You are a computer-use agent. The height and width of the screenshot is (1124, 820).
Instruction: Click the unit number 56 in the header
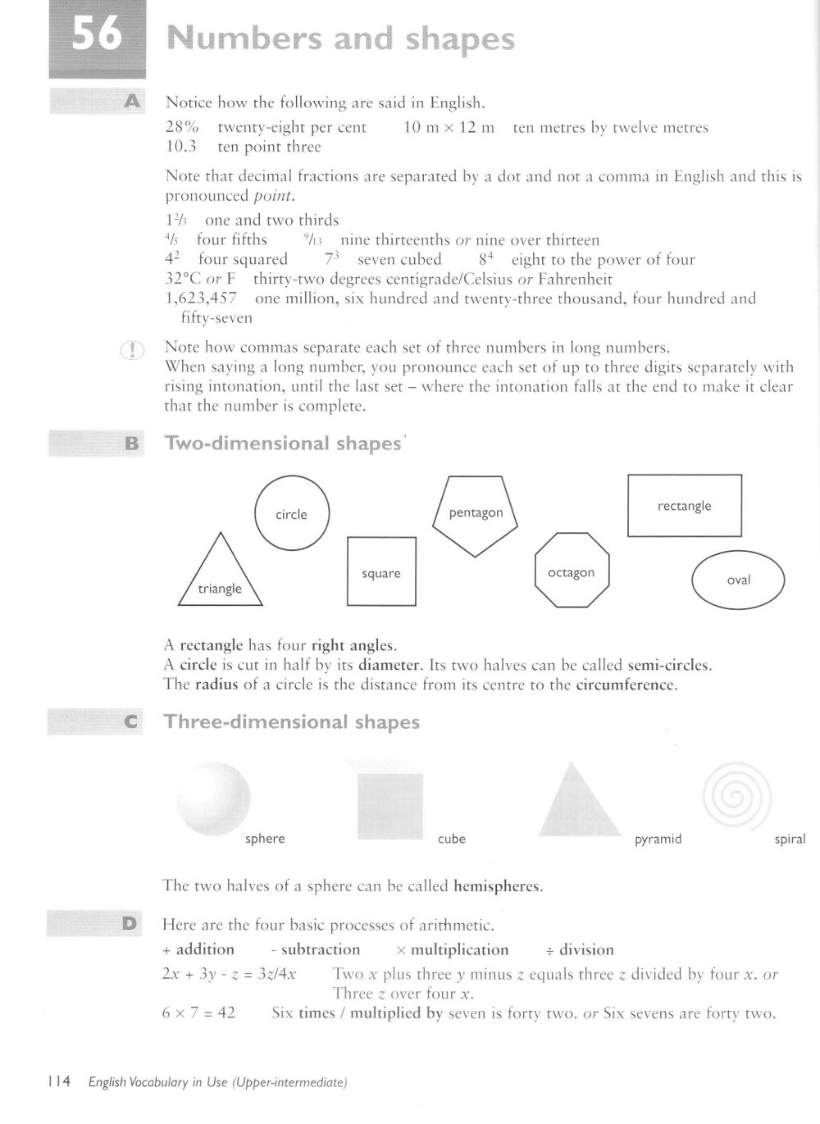pyautogui.click(x=97, y=36)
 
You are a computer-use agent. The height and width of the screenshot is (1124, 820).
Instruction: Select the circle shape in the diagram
pyautogui.click(x=292, y=514)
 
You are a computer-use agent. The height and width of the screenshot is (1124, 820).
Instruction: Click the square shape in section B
pyautogui.click(x=381, y=571)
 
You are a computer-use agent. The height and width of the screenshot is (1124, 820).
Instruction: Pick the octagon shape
pyautogui.click(x=572, y=571)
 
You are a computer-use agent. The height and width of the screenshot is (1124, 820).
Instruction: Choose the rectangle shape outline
pyautogui.click(x=684, y=506)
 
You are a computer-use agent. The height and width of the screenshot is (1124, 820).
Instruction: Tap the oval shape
pyautogui.click(x=738, y=580)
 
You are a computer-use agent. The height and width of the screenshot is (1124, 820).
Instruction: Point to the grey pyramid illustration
pyautogui.click(x=580, y=803)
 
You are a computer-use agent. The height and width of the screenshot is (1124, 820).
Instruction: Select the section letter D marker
pyautogui.click(x=130, y=924)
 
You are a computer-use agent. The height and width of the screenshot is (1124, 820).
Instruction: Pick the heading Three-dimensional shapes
pyautogui.click(x=291, y=722)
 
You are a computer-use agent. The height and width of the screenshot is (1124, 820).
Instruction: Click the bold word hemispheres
pyautogui.click(x=497, y=885)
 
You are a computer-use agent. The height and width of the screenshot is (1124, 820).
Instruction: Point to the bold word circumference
pyautogui.click(x=626, y=685)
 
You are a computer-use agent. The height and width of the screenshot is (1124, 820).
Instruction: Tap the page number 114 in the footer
pyautogui.click(x=59, y=1082)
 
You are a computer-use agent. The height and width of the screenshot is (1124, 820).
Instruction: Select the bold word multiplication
pyautogui.click(x=459, y=949)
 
